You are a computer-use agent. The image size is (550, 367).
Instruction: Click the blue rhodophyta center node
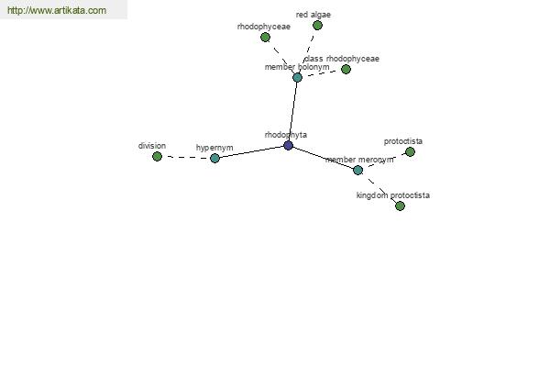[x=289, y=145]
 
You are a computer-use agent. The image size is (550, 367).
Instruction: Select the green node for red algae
[x=317, y=26]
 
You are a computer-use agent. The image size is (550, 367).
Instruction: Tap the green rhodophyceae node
[x=266, y=37]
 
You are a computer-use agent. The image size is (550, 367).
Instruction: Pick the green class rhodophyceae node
[x=346, y=69]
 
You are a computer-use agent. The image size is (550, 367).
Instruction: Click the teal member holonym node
[x=297, y=77]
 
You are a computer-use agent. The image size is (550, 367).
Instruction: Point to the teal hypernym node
[x=215, y=158]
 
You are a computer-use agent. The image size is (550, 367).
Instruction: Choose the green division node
[x=157, y=156]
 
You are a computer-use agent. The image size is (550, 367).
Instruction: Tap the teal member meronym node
[x=358, y=171]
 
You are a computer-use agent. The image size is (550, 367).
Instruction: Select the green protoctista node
[x=410, y=151]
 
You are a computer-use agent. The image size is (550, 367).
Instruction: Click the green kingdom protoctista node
[x=401, y=206]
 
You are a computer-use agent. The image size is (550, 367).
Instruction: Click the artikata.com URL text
[x=57, y=10]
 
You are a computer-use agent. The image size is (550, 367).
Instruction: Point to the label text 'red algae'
[x=313, y=15]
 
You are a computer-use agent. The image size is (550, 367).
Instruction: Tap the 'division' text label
[x=152, y=146]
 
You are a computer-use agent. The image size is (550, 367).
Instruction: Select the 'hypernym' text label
[x=214, y=148]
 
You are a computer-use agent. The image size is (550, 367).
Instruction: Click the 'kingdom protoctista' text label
[x=393, y=195]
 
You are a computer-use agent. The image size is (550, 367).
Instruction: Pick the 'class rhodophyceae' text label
[x=342, y=59]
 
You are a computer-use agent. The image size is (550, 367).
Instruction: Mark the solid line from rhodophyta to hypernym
[x=251, y=151]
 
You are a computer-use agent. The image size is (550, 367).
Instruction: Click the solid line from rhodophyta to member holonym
[x=293, y=111]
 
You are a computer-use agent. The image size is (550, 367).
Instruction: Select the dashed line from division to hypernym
[x=186, y=157]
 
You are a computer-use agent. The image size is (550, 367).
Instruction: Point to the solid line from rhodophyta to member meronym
[x=323, y=158]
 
